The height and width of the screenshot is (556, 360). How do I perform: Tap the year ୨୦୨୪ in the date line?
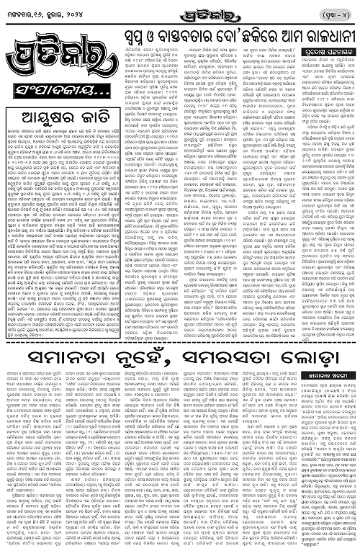81,16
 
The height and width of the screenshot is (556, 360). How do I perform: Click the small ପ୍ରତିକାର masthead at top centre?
179,14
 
